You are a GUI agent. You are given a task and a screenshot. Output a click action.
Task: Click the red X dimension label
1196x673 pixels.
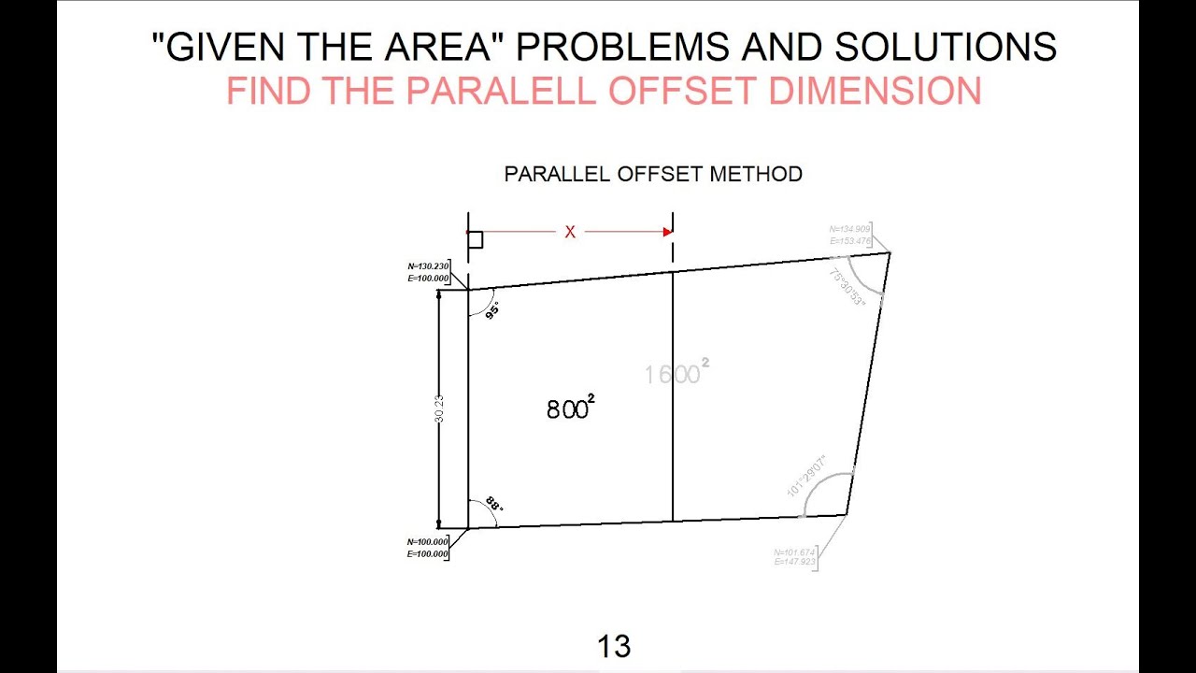click(570, 232)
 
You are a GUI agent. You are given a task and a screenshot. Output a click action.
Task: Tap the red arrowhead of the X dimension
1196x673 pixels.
click(667, 232)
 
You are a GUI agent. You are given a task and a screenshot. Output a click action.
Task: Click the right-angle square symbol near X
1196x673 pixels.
click(476, 240)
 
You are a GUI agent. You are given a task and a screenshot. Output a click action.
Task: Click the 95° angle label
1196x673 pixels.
click(492, 310)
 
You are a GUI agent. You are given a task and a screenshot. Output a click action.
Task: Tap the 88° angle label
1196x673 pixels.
click(493, 504)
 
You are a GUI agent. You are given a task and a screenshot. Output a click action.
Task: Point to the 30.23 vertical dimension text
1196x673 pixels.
click(439, 408)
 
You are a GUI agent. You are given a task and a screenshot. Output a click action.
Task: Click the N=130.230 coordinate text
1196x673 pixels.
click(428, 265)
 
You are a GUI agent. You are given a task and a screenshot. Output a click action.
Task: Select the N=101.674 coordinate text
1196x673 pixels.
click(794, 551)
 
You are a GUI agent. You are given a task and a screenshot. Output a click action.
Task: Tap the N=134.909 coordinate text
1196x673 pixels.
click(849, 229)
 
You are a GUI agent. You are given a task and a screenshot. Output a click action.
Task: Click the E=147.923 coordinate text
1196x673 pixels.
click(794, 562)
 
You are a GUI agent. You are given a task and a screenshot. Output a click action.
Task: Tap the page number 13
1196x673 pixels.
click(614, 646)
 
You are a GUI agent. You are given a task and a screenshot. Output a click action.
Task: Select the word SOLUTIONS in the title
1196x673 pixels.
click(946, 47)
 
